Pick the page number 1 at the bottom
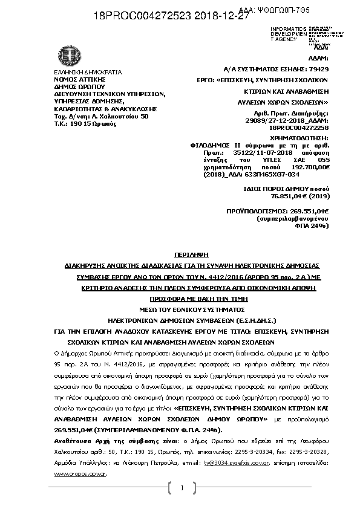click(x=181, y=488)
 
